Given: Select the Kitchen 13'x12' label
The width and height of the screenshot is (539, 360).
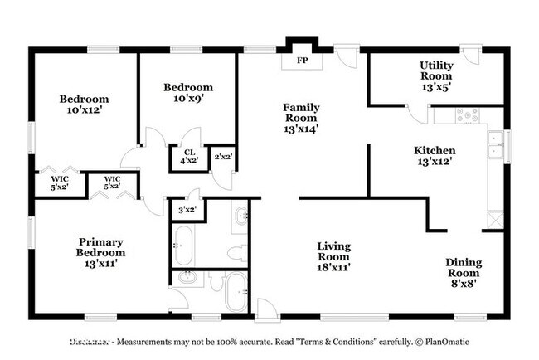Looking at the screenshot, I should click(435, 156).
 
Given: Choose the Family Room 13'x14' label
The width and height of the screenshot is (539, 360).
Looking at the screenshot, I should click(301, 118).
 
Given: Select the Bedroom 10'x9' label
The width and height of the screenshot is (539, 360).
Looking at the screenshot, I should click(187, 93).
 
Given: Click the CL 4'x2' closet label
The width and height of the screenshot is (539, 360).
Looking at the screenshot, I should click(189, 157).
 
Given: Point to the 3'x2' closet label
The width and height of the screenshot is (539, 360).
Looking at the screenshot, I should click(187, 210).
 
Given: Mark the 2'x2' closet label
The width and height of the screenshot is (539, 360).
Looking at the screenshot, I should click(223, 157).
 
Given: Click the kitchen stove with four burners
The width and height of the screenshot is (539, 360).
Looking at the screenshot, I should click(468, 115).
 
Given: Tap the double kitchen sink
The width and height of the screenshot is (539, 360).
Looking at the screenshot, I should click(495, 145).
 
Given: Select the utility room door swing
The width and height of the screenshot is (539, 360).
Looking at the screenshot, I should click(415, 113).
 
